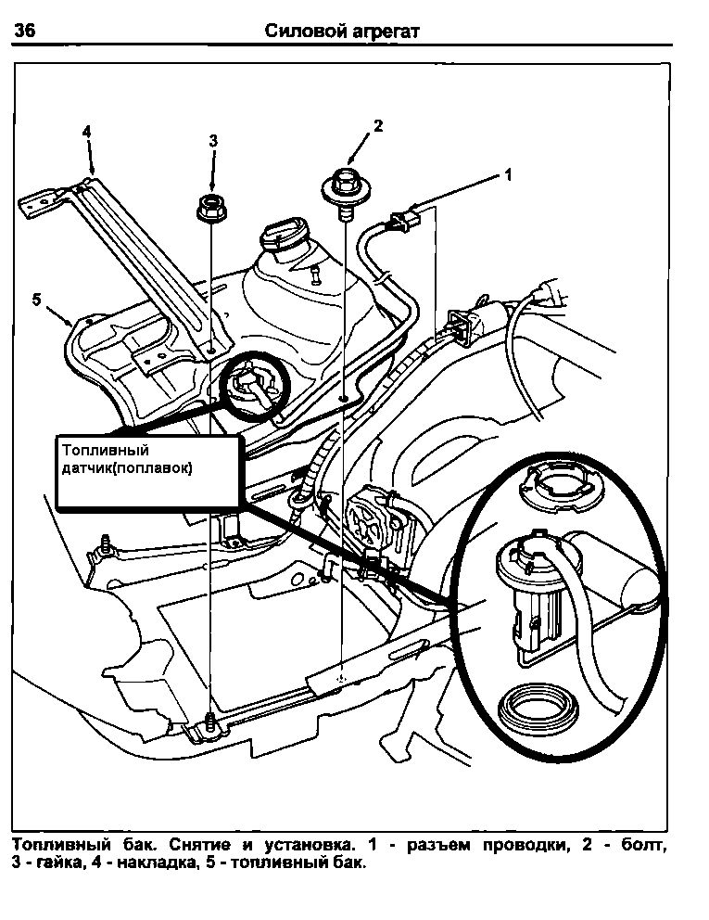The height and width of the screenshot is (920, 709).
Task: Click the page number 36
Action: (24, 31)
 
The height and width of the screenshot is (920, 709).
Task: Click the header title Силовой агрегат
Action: (343, 31)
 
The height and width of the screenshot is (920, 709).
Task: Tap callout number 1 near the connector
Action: (507, 173)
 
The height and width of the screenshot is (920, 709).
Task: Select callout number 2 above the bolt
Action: (378, 126)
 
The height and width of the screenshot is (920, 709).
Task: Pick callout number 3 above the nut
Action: (213, 141)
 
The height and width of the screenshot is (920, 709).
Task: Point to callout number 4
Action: (87, 133)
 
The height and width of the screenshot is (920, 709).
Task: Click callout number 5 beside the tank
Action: (36, 299)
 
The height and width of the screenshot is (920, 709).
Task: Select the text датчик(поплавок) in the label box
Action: (127, 468)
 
